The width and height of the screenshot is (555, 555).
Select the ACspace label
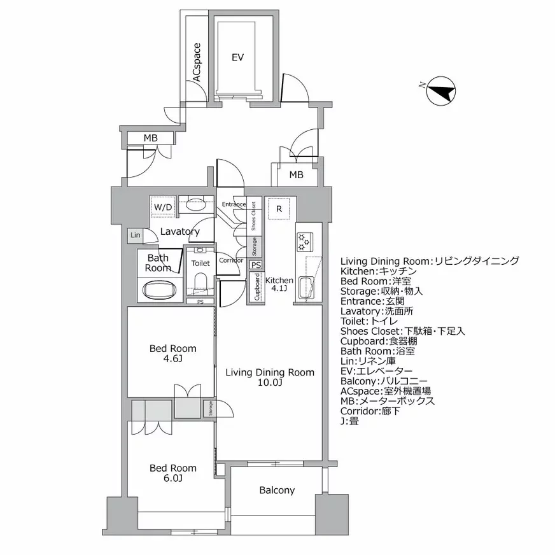click(x=197, y=62)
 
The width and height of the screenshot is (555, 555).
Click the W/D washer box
click(x=163, y=207)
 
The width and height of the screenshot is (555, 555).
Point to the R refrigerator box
click(x=278, y=208)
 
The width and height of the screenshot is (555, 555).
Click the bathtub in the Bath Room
click(x=158, y=292)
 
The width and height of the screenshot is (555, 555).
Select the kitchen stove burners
click(x=303, y=241)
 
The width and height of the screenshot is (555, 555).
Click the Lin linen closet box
click(x=135, y=235)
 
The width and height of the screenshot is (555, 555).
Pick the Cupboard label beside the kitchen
click(x=256, y=288)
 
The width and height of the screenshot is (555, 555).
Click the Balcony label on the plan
click(x=277, y=490)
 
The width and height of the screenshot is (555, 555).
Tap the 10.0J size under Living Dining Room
click(x=270, y=383)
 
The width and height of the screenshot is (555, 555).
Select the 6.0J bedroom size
click(x=172, y=479)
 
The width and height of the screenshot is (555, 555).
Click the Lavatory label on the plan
click(x=180, y=232)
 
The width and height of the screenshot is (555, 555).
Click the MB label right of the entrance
click(x=296, y=175)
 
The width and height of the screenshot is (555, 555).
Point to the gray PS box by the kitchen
click(x=255, y=265)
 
